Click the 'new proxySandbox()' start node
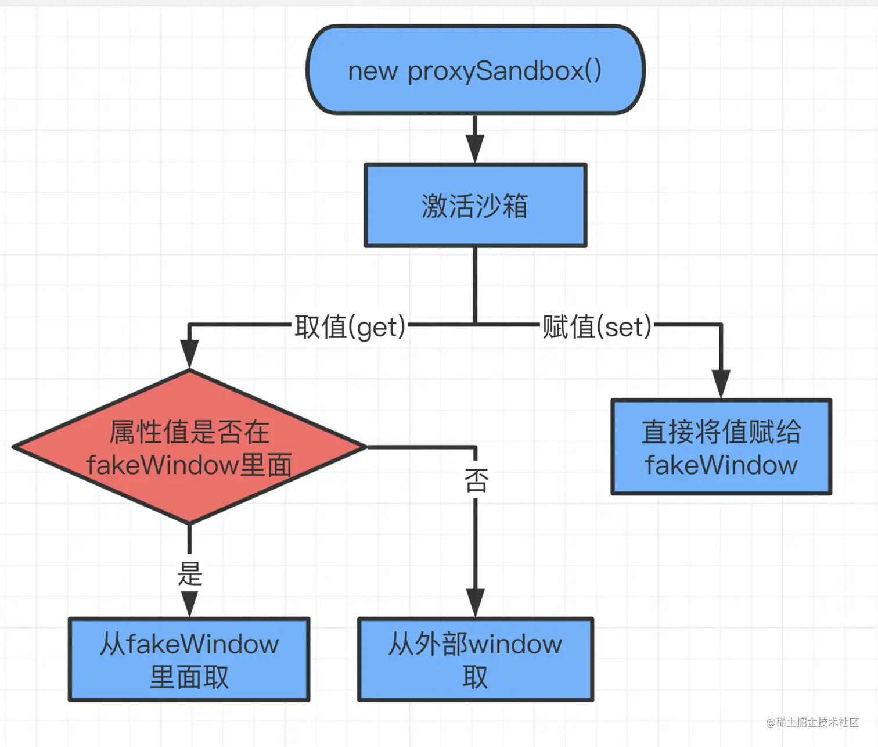click(x=475, y=70)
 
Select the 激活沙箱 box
click(x=475, y=206)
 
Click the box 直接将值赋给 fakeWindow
click(x=721, y=447)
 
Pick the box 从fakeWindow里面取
click(x=189, y=659)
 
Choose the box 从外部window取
click(x=475, y=659)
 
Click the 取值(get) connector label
click(x=350, y=326)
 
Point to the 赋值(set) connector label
click(x=597, y=326)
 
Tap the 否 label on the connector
click(x=476, y=480)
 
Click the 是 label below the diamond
click(x=189, y=574)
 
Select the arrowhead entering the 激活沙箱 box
click(x=475, y=150)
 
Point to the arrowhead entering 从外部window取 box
click(x=475, y=602)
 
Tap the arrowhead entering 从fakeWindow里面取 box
click(x=189, y=604)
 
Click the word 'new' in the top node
click(x=372, y=71)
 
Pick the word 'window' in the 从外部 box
click(x=515, y=644)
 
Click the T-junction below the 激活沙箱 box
click(x=475, y=324)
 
